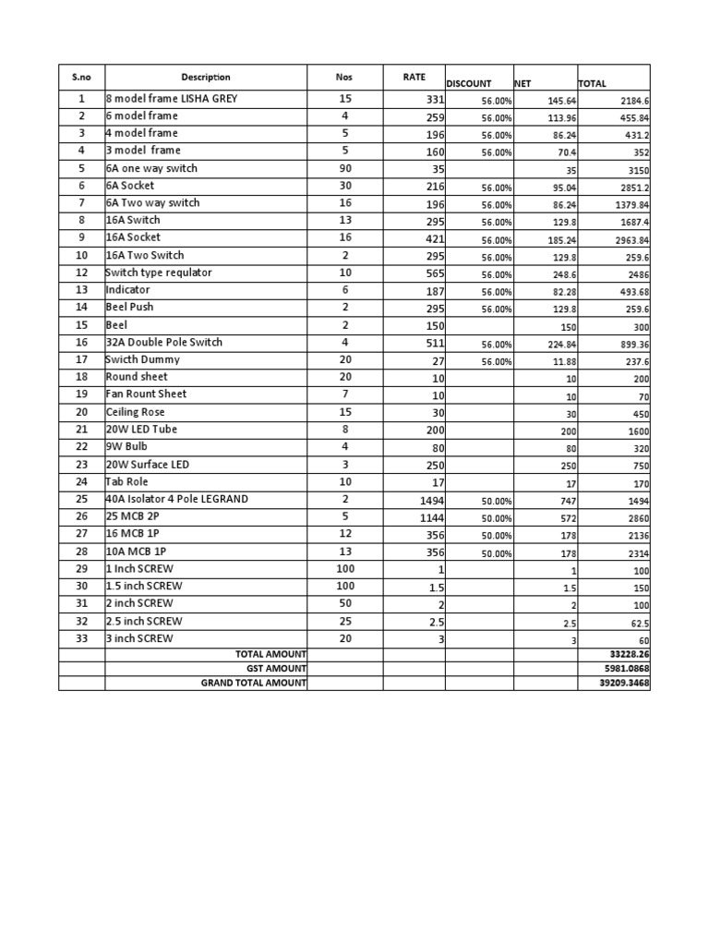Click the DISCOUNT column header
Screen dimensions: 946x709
click(468, 83)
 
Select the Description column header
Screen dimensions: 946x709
click(206, 78)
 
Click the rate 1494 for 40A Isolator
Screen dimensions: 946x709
click(428, 500)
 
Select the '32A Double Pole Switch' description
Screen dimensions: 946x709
click(164, 343)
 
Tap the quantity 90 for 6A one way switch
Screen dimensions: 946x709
click(344, 169)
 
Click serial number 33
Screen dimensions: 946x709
click(81, 638)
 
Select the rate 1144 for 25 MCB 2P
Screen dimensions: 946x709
click(428, 517)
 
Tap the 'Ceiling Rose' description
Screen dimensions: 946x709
click(136, 412)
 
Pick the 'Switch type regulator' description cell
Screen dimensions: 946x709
click(159, 273)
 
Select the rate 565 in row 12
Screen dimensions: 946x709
click(434, 273)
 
